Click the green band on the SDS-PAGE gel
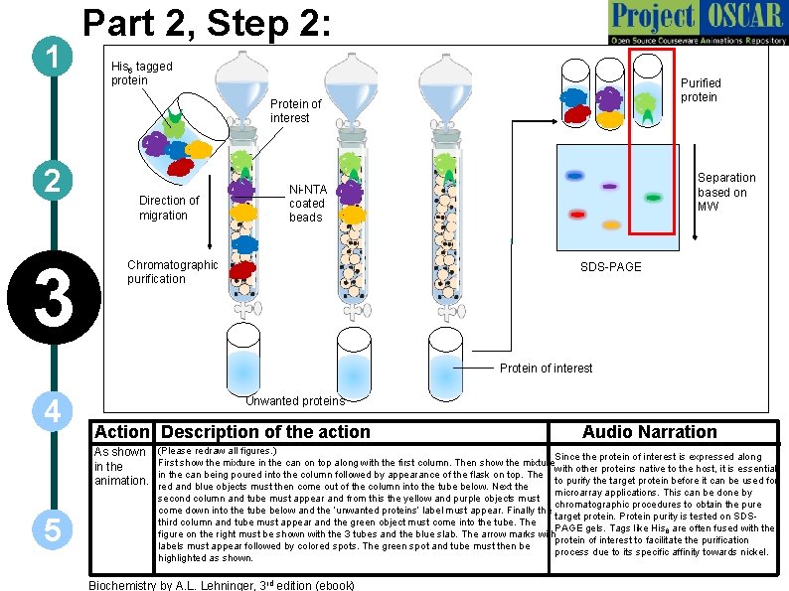(653, 198)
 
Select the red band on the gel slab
(577, 215)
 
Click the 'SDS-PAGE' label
(611, 267)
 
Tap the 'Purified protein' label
(701, 90)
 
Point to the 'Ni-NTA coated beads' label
(306, 204)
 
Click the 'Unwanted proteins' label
(294, 400)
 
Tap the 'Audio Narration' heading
(649, 432)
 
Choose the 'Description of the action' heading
(265, 432)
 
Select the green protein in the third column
(446, 163)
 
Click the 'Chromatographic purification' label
(172, 272)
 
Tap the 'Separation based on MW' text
(725, 192)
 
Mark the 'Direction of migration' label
(168, 208)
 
